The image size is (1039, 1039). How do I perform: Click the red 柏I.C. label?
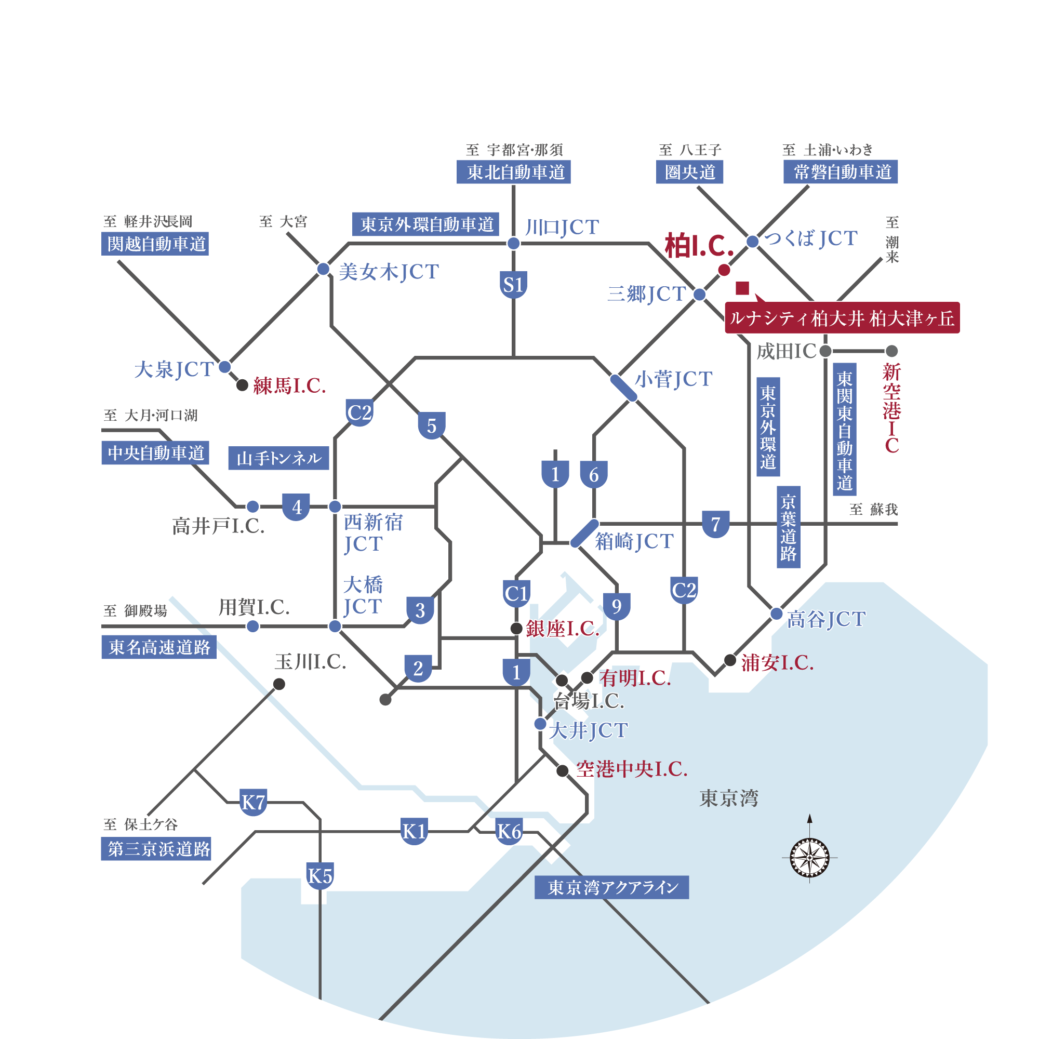pos(699,246)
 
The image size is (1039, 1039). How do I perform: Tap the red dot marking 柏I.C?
pos(724,270)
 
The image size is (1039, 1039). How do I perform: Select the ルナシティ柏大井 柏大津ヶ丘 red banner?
pos(842,318)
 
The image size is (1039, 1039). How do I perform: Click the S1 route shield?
pos(513,285)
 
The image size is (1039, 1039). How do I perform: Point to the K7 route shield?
pos(254,803)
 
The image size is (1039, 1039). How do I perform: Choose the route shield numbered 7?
pos(715,524)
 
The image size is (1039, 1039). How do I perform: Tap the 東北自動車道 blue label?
pos(513,172)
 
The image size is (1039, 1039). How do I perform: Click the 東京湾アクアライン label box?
pos(611,887)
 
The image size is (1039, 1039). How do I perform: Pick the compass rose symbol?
pos(809,857)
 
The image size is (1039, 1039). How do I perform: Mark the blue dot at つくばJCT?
pos(752,242)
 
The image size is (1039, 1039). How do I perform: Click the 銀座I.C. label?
pos(562,629)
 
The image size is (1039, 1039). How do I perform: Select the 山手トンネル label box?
pos(278,458)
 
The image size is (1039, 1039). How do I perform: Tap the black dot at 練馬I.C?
pos(243,385)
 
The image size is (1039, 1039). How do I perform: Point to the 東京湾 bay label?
pos(729,798)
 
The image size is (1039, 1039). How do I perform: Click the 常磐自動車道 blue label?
pos(840,172)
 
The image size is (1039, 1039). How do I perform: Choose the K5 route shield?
pos(320,875)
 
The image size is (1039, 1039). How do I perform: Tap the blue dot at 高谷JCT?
pos(777,614)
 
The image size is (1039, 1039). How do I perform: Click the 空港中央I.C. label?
pos(631,769)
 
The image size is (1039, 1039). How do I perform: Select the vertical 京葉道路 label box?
pos(789,527)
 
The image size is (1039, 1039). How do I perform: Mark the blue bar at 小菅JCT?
pos(624,388)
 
